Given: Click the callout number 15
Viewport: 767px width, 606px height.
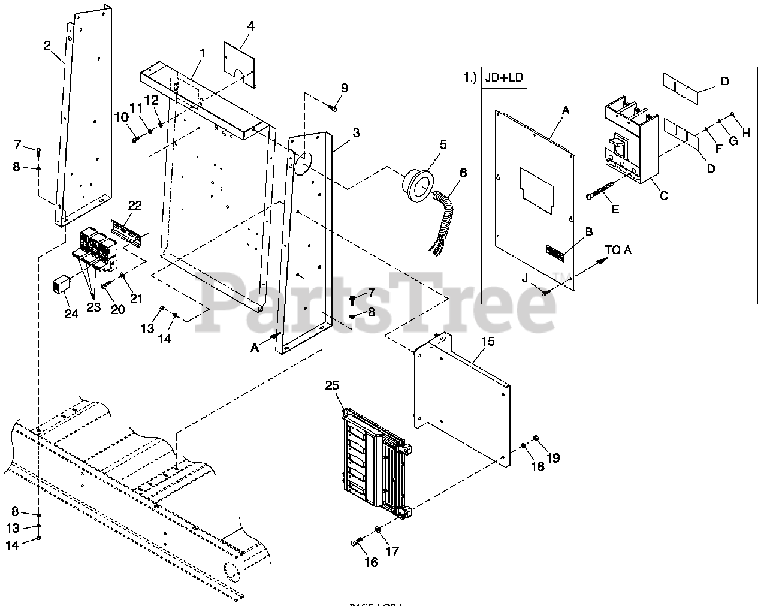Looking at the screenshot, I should [488, 342].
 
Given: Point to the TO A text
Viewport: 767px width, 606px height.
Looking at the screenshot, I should [618, 250].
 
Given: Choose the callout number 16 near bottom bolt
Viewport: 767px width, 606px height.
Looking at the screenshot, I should [371, 562].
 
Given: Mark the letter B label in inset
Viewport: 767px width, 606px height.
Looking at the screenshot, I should [588, 231].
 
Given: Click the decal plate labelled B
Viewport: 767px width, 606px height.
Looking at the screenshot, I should [555, 253].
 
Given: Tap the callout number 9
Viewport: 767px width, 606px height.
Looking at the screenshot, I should [344, 88].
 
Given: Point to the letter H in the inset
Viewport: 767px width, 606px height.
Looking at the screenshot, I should [745, 134].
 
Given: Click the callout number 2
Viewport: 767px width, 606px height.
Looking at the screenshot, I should [48, 46].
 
